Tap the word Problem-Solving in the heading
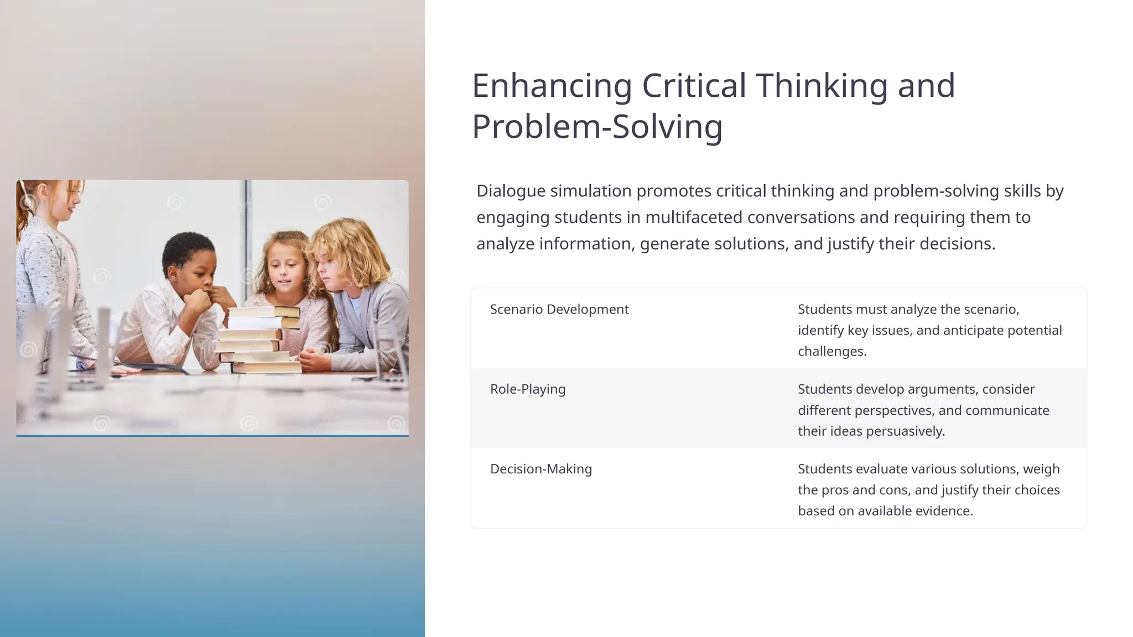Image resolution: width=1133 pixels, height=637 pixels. [597, 127]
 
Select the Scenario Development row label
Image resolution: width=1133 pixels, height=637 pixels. [559, 309]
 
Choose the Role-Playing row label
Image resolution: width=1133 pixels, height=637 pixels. [527, 389]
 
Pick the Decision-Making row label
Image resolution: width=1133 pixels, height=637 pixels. [540, 469]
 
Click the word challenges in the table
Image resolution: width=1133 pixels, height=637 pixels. [831, 351]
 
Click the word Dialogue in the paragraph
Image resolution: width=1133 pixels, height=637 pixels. [511, 191]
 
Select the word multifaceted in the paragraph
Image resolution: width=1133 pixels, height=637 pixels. [694, 217]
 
